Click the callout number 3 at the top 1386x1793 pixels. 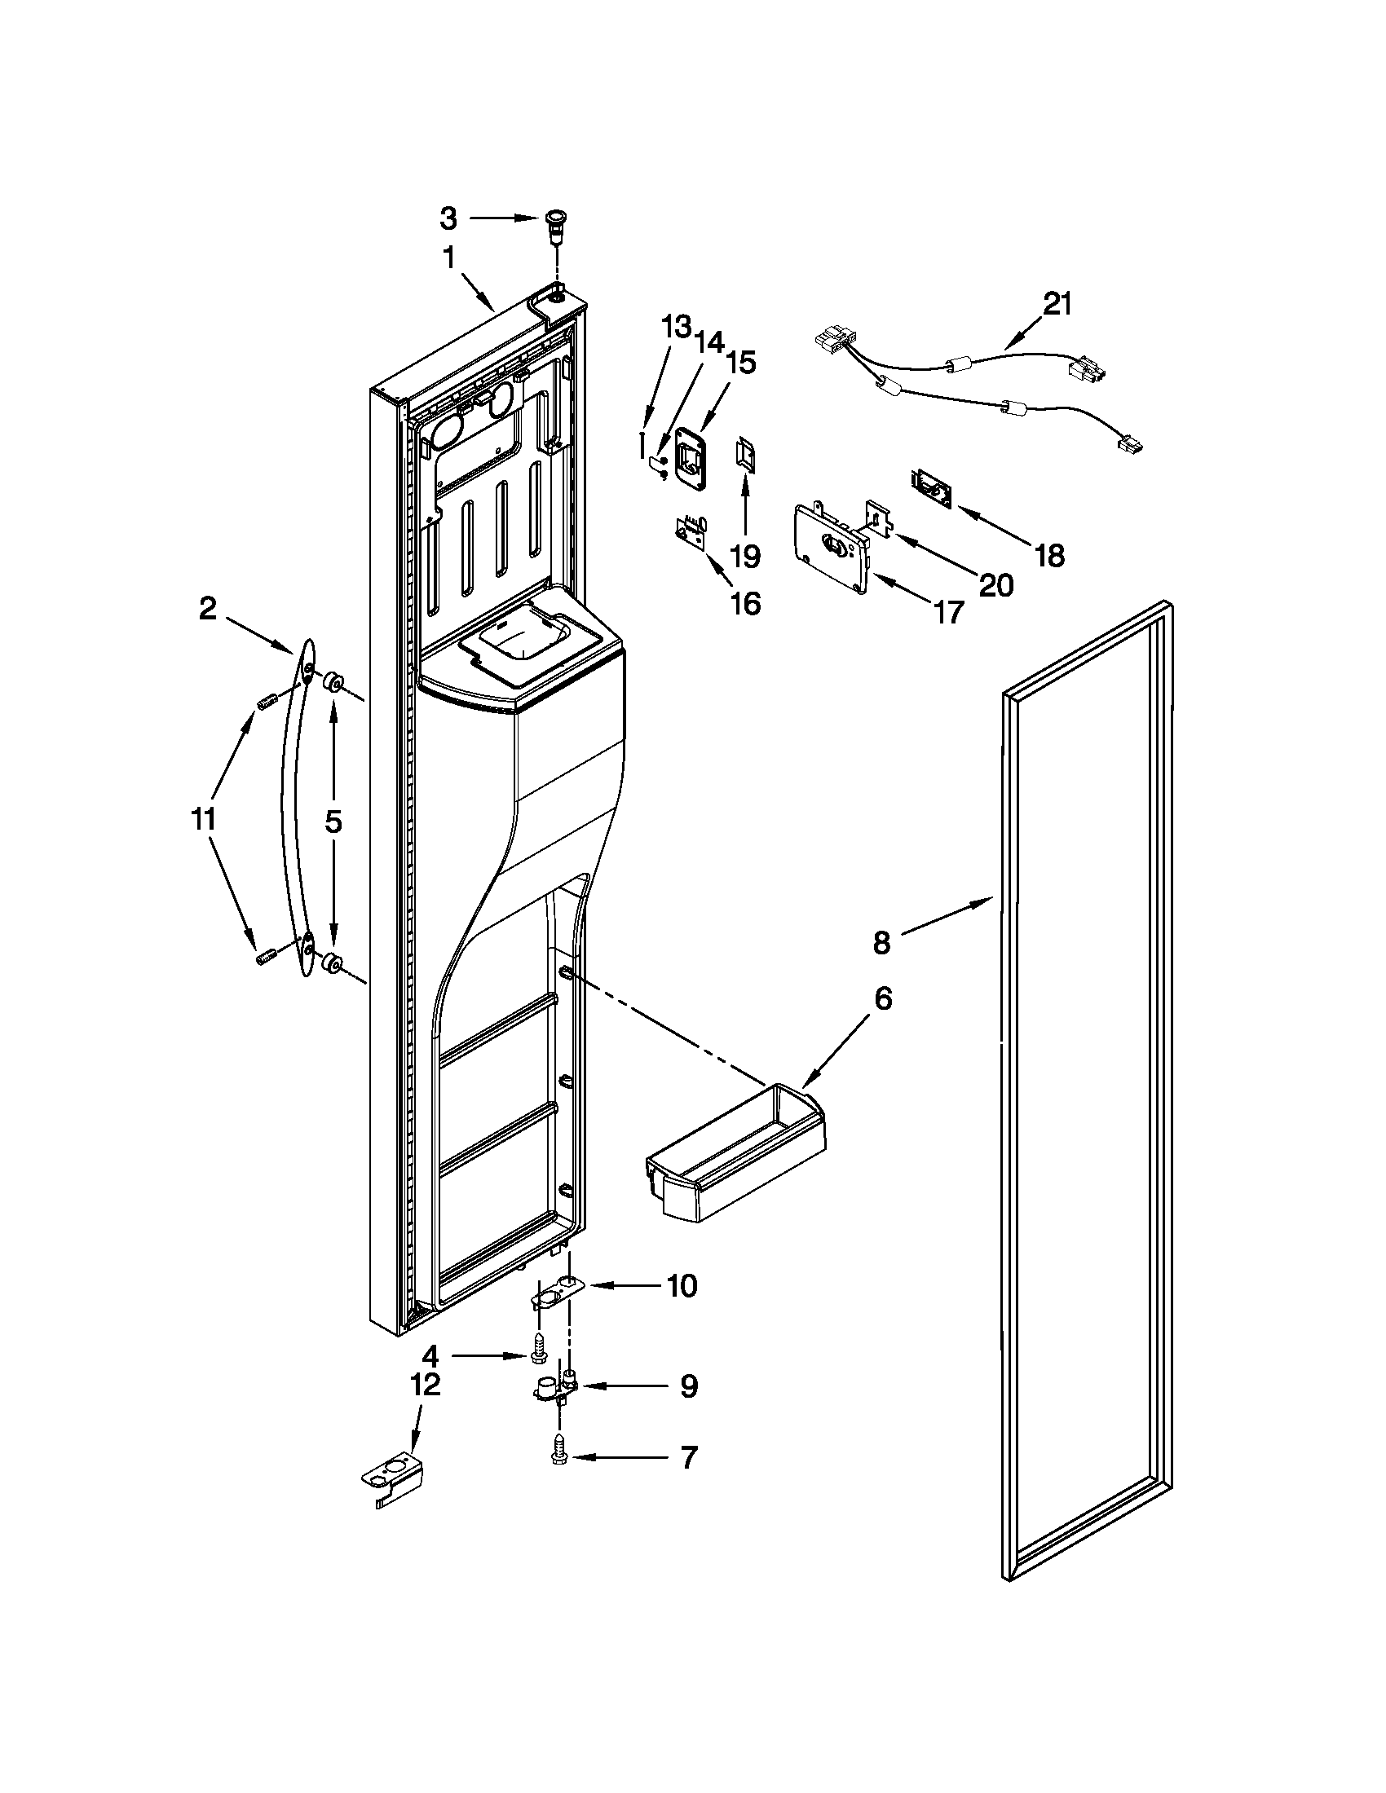pyautogui.click(x=448, y=218)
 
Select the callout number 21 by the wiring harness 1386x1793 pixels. pyautogui.click(x=1057, y=304)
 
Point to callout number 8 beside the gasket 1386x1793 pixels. pyautogui.click(x=881, y=943)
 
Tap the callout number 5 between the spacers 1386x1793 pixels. pyautogui.click(x=333, y=821)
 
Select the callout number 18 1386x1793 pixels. pyautogui.click(x=1050, y=556)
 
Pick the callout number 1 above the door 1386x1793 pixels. pyautogui.click(x=449, y=258)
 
